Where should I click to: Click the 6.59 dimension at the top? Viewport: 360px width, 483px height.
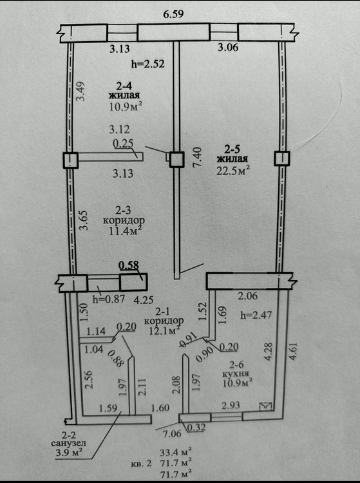pyautogui.click(x=173, y=14)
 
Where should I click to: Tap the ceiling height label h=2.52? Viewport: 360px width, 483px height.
pyautogui.click(x=148, y=64)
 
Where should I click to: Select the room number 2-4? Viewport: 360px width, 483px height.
pyautogui.click(x=124, y=85)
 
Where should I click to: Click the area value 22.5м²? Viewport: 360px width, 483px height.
pyautogui.click(x=233, y=170)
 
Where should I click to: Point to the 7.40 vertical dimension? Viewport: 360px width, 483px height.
pyautogui.click(x=197, y=157)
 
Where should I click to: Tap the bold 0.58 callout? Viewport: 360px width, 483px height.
pyautogui.click(x=129, y=265)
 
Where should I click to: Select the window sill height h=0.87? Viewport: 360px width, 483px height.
pyautogui.click(x=108, y=299)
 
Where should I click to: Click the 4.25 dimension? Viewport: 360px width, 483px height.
pyautogui.click(x=144, y=299)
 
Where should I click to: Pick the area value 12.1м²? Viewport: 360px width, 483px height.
pyautogui.click(x=164, y=330)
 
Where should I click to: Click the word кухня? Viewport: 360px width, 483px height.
pyautogui.click(x=236, y=374)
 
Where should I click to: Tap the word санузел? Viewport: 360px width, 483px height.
pyautogui.click(x=68, y=443)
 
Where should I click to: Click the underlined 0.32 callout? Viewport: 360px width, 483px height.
pyautogui.click(x=196, y=427)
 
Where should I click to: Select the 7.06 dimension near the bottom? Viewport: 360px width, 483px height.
pyautogui.click(x=172, y=433)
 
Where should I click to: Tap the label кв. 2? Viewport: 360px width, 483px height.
pyautogui.click(x=141, y=463)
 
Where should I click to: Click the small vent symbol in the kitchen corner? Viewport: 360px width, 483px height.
pyautogui.click(x=266, y=406)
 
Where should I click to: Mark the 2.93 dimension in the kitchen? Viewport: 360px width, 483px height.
pyautogui.click(x=231, y=405)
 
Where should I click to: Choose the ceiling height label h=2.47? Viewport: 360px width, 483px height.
pyautogui.click(x=256, y=315)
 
